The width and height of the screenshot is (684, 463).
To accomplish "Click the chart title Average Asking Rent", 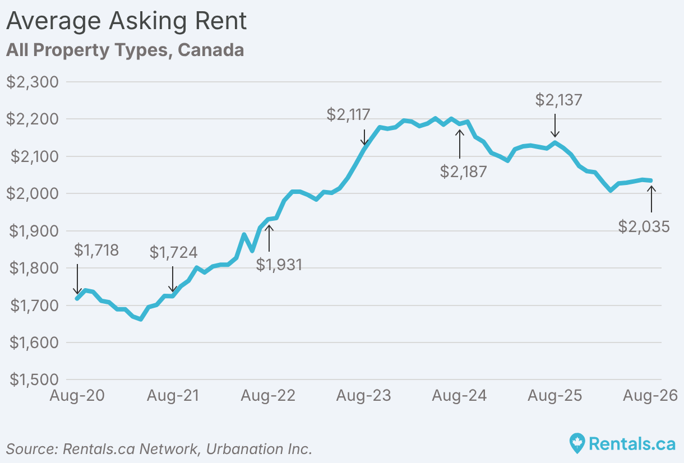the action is [x=126, y=22].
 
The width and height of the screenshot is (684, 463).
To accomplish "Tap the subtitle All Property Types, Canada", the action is [x=125, y=50].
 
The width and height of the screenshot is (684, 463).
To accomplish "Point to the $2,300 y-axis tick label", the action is [x=33, y=82].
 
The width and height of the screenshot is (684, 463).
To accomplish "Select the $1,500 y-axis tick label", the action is [x=34, y=379].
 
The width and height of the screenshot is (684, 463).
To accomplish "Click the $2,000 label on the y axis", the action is [x=33, y=193].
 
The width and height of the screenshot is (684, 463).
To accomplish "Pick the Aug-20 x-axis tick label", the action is [x=77, y=396].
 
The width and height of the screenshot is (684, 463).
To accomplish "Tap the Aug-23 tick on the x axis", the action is [x=364, y=396].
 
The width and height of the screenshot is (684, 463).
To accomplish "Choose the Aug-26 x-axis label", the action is [x=650, y=396].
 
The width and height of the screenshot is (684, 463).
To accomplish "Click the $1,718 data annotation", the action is [x=96, y=250].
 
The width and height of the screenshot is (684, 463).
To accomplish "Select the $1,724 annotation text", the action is [x=173, y=252].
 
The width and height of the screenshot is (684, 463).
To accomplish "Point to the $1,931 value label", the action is [x=279, y=265].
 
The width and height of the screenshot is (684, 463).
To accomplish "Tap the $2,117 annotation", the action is [x=348, y=115].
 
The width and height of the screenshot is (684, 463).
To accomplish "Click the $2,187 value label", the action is [x=463, y=172].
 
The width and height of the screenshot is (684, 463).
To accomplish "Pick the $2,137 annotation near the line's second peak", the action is [x=559, y=100].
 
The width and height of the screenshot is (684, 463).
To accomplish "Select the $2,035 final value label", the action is [x=644, y=227].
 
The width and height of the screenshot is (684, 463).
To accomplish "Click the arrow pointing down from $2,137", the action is [x=555, y=126].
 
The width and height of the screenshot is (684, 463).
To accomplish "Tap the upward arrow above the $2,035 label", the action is [x=651, y=200].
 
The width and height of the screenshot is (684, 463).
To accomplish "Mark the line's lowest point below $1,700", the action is [x=141, y=320].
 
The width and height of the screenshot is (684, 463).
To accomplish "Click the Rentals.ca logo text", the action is [x=632, y=443].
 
